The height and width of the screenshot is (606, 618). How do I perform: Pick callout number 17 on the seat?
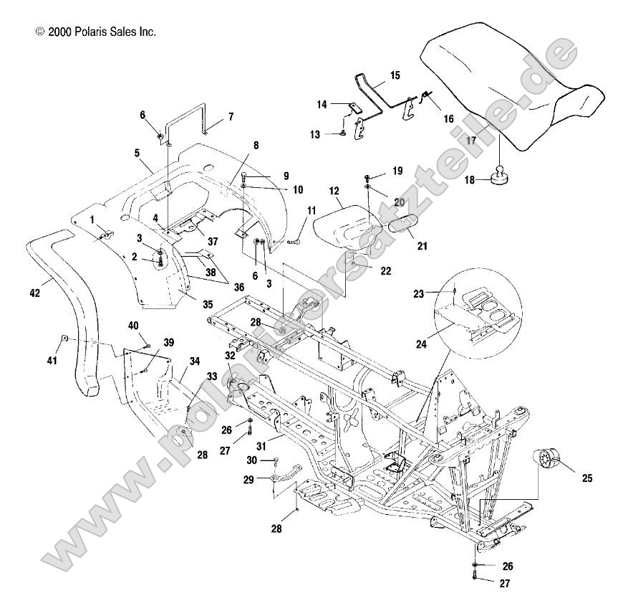tap(471, 141)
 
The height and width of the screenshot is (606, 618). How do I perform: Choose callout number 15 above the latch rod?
tap(395, 75)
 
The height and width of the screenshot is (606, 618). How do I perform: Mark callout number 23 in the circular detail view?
tap(438, 293)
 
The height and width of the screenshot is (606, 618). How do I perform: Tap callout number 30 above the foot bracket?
tap(251, 460)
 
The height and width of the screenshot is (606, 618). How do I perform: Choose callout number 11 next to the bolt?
tap(311, 210)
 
